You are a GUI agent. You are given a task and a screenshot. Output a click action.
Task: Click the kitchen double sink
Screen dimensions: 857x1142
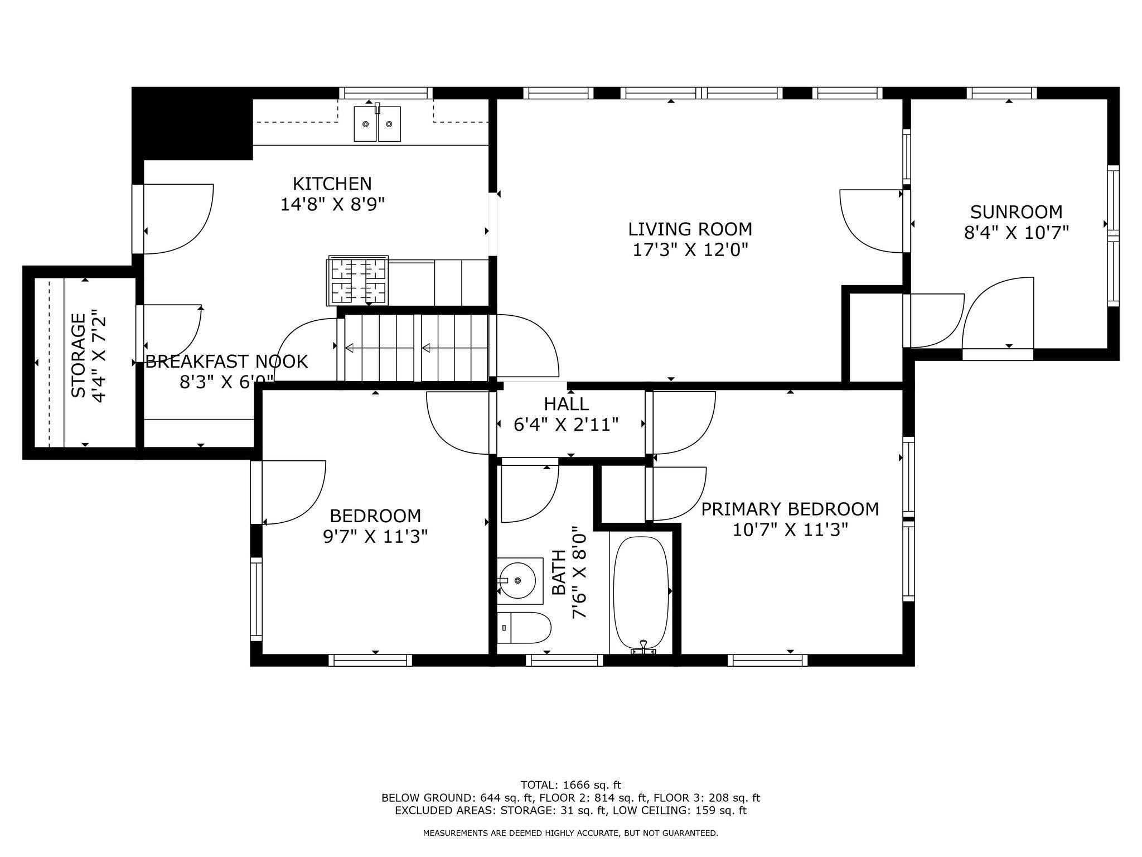coord(378,124)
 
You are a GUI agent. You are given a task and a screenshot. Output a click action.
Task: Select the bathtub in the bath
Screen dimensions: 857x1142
coord(641,591)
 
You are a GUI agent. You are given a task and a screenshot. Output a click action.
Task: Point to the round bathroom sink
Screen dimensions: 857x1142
coord(518,581)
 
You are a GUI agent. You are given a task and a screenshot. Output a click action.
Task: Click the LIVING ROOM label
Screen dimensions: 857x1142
coord(690,229)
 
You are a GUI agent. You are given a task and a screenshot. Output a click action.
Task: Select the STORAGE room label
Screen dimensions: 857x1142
coord(79,355)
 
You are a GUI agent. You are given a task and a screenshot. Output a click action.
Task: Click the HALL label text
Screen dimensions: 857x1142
coord(566,403)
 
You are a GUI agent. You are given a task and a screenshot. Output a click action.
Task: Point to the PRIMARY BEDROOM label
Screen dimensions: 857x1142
coord(790,509)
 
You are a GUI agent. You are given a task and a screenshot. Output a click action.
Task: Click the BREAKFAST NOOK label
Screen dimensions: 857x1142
coord(226,362)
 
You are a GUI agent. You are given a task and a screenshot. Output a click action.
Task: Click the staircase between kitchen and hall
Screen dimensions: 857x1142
coord(415,348)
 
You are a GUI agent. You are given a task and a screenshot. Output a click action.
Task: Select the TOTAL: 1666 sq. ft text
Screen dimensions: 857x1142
coord(570,785)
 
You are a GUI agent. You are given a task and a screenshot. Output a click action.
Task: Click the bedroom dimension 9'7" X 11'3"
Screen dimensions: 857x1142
coord(375,537)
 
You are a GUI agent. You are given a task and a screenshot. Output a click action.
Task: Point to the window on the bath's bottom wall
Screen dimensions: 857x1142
coord(564,661)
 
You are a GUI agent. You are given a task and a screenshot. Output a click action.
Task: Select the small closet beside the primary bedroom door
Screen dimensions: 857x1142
coord(622,494)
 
